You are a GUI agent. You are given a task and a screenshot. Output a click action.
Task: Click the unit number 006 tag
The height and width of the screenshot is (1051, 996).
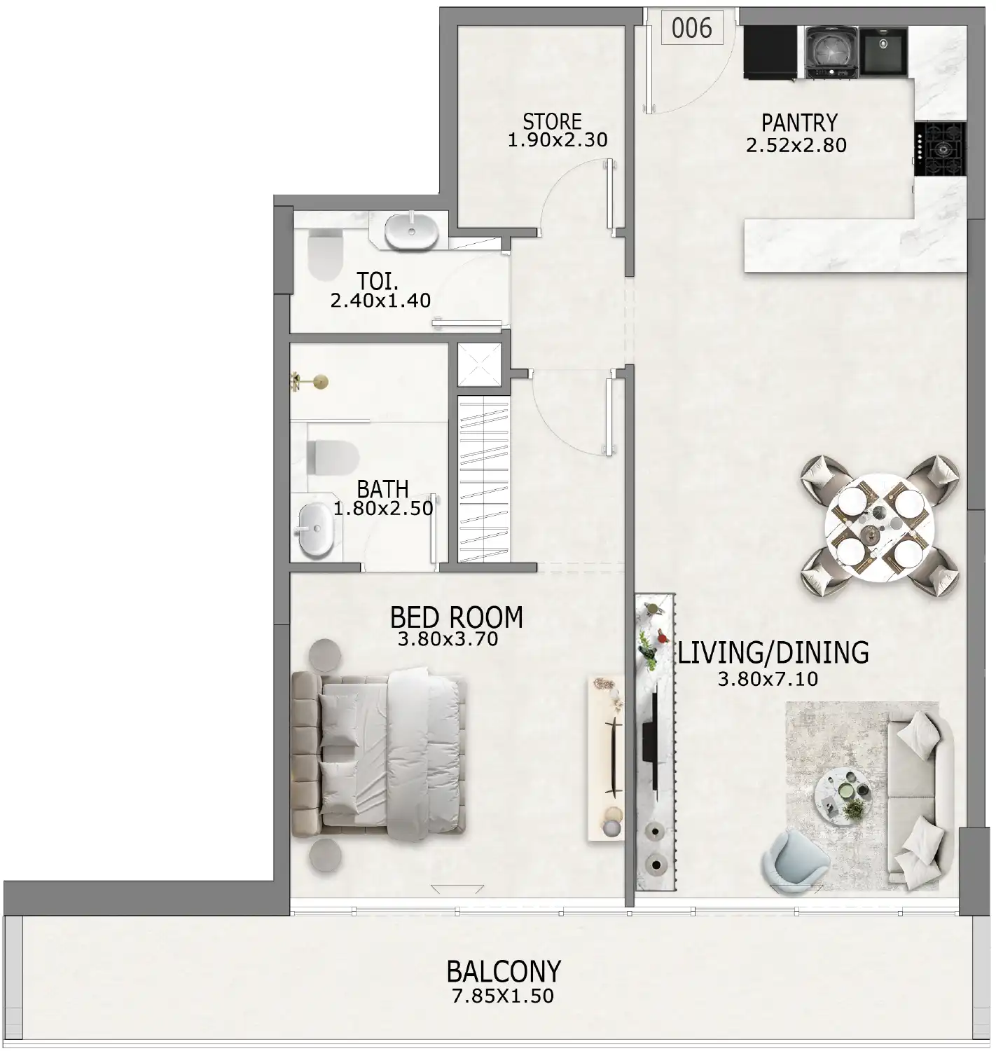click(x=691, y=28)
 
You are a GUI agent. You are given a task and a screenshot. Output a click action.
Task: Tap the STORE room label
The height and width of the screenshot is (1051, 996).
click(x=552, y=121)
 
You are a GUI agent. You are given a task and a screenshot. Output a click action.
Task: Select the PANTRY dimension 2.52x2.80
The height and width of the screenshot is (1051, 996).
click(x=796, y=145)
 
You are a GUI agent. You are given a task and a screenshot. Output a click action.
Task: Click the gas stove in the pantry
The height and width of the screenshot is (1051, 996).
click(x=941, y=149)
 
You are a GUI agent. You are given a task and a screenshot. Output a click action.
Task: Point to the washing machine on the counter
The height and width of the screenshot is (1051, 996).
click(x=830, y=50)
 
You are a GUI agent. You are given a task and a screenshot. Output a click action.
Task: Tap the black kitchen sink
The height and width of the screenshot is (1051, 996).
click(x=883, y=50)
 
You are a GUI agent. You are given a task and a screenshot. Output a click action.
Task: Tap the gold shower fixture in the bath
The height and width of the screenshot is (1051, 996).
click(x=312, y=381)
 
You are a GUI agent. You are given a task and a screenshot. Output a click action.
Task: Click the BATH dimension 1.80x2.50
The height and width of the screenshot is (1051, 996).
click(x=383, y=509)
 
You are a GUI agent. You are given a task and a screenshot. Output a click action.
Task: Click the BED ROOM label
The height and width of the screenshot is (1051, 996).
click(x=456, y=617)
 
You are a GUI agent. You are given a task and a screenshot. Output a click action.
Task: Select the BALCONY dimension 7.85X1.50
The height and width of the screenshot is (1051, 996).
click(x=503, y=996)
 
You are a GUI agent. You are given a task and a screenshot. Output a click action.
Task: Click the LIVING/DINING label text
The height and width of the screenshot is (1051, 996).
click(x=773, y=652)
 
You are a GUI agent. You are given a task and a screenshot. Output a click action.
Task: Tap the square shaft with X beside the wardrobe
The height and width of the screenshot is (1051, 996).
click(x=479, y=364)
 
